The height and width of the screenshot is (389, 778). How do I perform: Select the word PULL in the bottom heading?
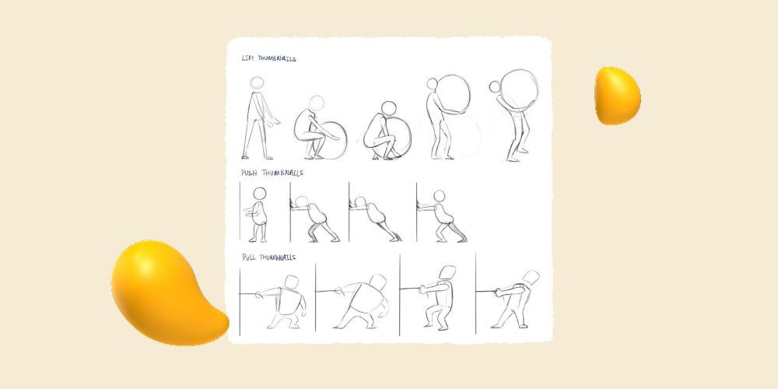249,257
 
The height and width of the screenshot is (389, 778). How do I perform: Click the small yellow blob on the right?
617,96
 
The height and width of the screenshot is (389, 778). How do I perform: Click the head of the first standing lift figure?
257,84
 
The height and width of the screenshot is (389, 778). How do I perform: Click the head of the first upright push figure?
261,194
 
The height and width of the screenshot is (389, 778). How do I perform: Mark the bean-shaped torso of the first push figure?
262,212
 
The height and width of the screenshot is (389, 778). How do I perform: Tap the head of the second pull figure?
379,282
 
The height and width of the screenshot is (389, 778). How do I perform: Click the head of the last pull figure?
532,278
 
